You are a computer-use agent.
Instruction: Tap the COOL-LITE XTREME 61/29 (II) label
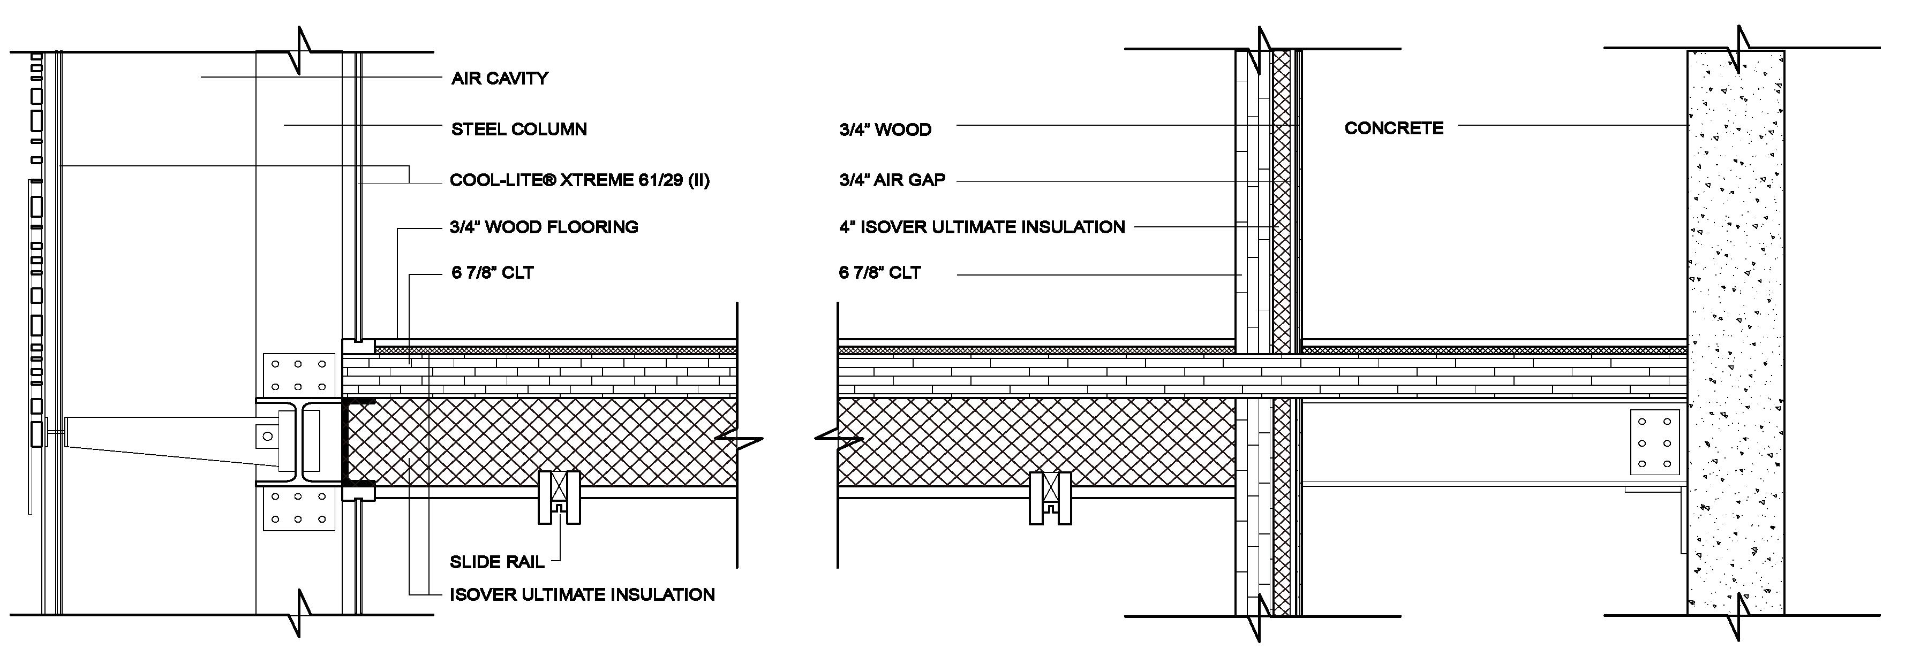click(579, 180)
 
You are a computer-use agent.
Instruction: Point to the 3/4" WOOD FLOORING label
click(544, 227)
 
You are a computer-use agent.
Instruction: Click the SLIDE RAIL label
click(496, 562)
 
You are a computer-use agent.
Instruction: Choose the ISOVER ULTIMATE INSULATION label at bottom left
click(582, 595)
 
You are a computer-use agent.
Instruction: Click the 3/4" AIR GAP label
click(892, 180)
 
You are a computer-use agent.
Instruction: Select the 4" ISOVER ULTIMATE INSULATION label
click(981, 227)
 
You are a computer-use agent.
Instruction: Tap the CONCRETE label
click(1394, 128)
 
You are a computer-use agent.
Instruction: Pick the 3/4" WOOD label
click(885, 130)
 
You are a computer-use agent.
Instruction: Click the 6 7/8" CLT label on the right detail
click(879, 273)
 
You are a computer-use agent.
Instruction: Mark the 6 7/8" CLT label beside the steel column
click(492, 273)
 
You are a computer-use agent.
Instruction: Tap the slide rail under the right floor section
click(1050, 498)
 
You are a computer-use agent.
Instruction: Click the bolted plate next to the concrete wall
click(1655, 442)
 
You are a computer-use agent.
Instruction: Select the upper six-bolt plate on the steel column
click(298, 374)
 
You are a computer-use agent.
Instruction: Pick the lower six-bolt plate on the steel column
click(298, 508)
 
